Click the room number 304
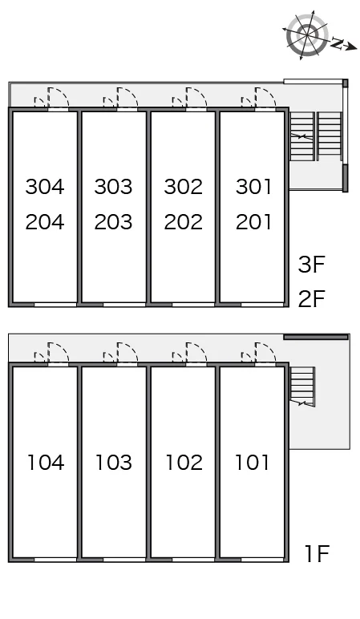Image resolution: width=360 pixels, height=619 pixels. pos(45,187)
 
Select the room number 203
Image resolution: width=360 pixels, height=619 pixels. pos(113,222)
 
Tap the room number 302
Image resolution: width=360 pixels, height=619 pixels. pos(183,187)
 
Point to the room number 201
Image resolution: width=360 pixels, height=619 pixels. pos(253,222)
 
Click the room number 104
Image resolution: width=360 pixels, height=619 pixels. pos(46,463)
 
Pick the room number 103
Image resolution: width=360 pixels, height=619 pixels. pos(114,463)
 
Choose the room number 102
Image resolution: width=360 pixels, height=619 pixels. pos(184,463)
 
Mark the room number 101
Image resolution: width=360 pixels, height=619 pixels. pos(253,463)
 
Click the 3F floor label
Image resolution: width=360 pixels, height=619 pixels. pos(311,265)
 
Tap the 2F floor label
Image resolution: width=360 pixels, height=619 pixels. pos(311,298)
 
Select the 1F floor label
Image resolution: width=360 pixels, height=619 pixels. pos(317,553)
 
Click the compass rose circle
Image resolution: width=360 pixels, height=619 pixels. pos(307,34)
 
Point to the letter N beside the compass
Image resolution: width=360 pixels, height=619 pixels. pos(336,43)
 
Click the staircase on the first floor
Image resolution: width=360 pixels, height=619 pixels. pos(302,386)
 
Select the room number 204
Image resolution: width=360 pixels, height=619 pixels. pos(45,222)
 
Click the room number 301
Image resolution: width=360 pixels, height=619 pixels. pos(253,187)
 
